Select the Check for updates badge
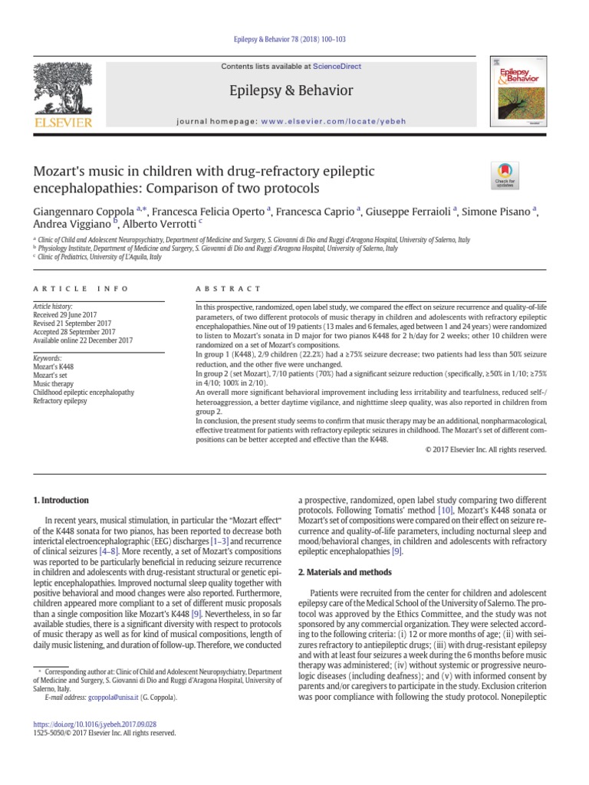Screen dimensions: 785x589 505,176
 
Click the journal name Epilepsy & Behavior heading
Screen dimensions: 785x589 291,91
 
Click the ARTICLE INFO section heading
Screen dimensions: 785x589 72,289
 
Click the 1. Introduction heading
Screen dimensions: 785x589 61,501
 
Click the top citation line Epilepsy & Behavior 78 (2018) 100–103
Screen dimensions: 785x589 294,39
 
